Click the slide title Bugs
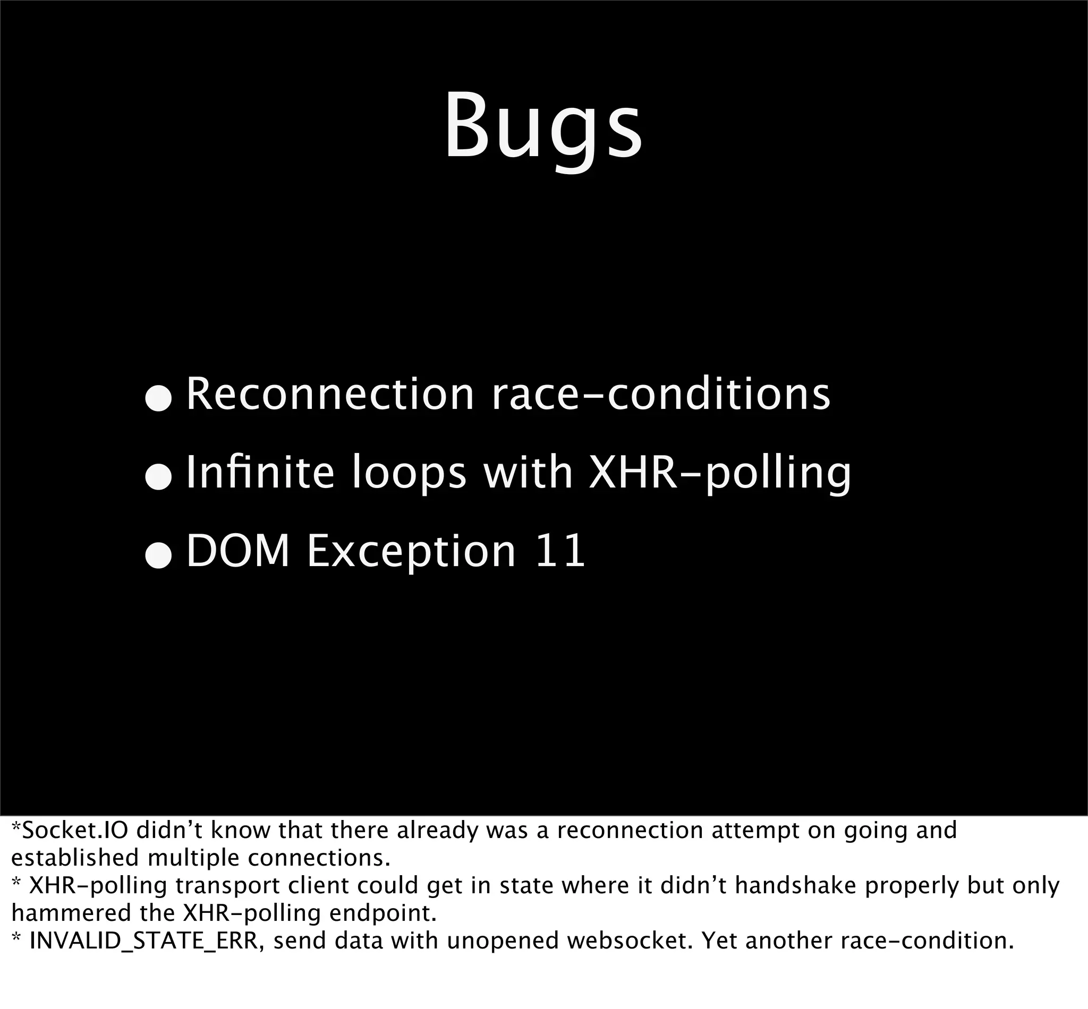point(543,127)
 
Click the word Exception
point(411,552)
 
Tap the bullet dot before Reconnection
point(159,400)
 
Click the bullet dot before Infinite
point(159,478)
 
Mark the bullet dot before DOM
point(159,558)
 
